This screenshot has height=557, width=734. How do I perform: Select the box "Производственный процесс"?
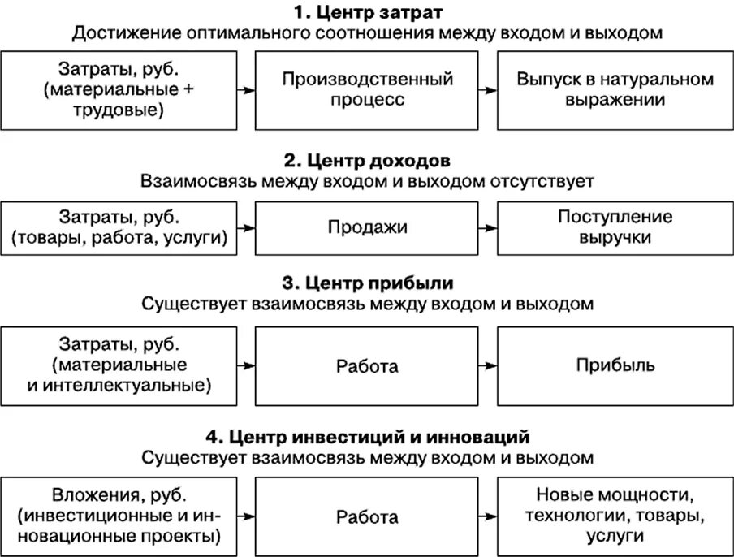tap(367, 89)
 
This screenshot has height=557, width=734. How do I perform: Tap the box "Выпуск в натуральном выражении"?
tap(615, 89)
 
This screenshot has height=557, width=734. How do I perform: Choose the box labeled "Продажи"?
tap(367, 227)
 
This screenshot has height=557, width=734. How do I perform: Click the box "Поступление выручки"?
tap(615, 227)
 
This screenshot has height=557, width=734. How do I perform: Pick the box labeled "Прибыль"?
tap(615, 365)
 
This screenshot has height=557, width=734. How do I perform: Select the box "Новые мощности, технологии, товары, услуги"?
tap(615, 516)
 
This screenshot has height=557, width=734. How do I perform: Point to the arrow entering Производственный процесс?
tap(246, 90)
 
